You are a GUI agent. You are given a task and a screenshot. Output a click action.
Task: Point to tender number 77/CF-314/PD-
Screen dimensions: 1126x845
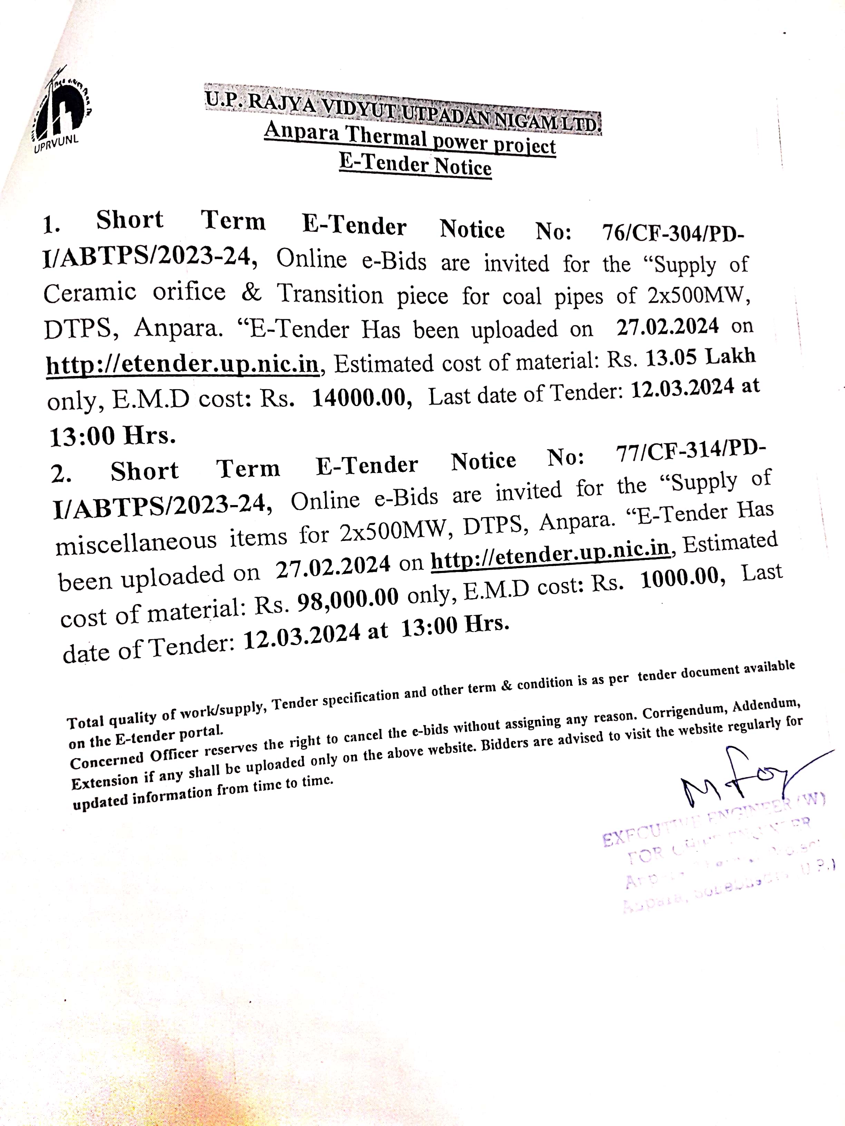[690, 451]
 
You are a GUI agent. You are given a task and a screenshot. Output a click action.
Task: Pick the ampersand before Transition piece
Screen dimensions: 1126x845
[251, 292]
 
